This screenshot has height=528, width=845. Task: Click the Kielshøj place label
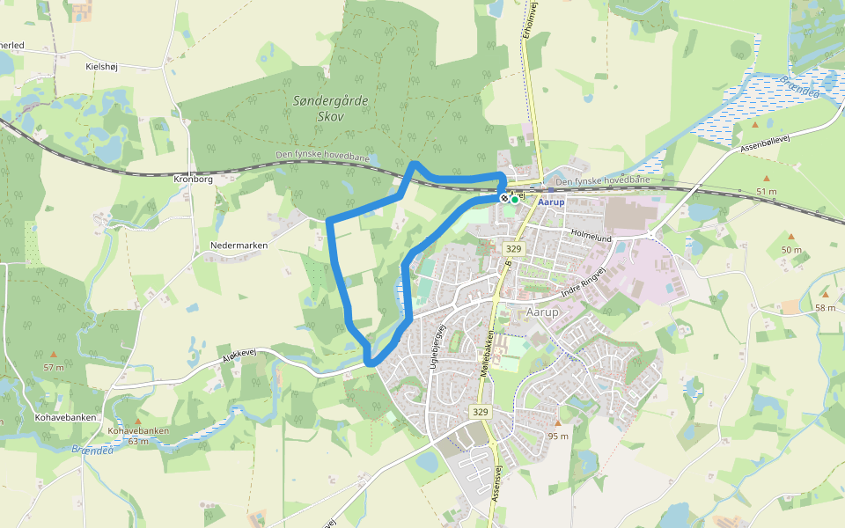pos(102,66)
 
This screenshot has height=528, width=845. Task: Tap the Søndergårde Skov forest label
pos(331,109)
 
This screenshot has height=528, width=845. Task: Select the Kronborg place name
pos(194,179)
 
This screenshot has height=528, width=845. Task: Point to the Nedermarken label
pos(239,246)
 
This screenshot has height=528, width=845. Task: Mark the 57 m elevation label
pos(54,366)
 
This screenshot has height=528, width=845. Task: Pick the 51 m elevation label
pos(767,191)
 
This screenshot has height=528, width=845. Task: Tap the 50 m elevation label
pos(791,250)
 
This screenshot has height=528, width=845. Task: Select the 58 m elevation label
pos(825,307)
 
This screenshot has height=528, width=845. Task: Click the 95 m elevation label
pos(558,436)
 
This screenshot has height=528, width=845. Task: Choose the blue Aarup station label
pos(551,201)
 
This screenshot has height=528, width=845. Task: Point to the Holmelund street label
pos(591,237)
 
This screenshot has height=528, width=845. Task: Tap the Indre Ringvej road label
pos(584,284)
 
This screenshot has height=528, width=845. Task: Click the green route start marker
pos(515,199)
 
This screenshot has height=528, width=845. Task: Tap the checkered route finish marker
pos(505,199)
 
